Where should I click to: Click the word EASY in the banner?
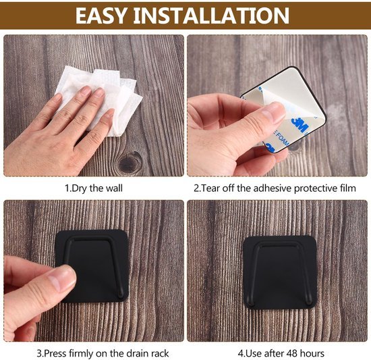[x=101, y=16]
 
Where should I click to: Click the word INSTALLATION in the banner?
[x=211, y=16]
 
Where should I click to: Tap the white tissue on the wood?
[x=99, y=99]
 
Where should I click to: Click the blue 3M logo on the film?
[x=299, y=125]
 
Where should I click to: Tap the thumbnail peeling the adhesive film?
[x=275, y=111]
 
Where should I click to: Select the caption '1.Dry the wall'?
[x=94, y=188]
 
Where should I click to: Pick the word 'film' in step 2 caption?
[x=348, y=188]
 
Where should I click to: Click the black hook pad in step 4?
[x=280, y=272]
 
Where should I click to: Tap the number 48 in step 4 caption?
[x=292, y=354]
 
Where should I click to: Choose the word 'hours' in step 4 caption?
[x=312, y=354]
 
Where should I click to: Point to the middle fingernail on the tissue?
[x=99, y=93]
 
